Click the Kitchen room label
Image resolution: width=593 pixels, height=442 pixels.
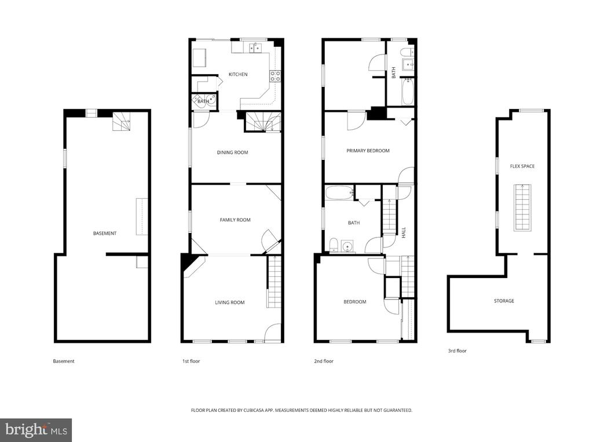(x=238, y=74)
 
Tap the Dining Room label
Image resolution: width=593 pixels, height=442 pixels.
(x=232, y=152)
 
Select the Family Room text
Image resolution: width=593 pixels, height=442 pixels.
(x=235, y=220)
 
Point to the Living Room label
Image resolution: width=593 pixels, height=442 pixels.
(x=229, y=302)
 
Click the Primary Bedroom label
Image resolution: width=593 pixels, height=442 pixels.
(x=368, y=151)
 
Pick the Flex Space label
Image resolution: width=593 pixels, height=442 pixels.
(x=522, y=166)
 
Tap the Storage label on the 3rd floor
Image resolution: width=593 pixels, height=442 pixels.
(x=504, y=301)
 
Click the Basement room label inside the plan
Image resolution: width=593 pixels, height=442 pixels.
(x=105, y=233)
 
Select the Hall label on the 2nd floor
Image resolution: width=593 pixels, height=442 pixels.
(x=404, y=232)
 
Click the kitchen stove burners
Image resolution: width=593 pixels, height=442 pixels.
(x=275, y=76)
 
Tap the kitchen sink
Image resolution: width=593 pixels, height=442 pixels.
(x=255, y=48)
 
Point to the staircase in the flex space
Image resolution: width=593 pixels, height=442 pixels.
(x=522, y=207)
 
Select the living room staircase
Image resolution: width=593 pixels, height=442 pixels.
(x=274, y=282)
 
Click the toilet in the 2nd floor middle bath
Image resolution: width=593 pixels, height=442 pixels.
(x=334, y=245)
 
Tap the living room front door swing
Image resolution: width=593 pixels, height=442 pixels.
(x=272, y=333)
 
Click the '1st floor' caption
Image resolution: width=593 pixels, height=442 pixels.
(x=191, y=361)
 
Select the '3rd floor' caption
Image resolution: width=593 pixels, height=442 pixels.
(x=457, y=351)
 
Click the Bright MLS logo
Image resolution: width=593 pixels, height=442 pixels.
(x=36, y=430)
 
